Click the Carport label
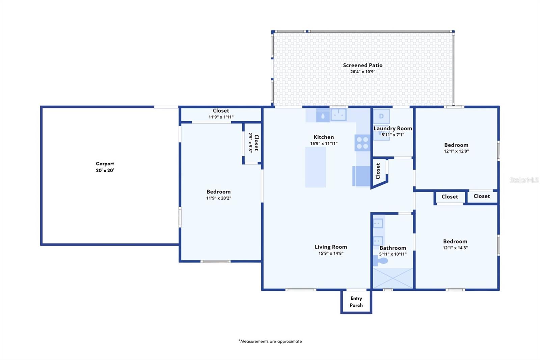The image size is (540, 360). click(105, 164)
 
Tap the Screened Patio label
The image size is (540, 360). click(362, 66)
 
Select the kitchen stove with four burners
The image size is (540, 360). click(362, 143)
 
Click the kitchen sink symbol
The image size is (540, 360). click(339, 114)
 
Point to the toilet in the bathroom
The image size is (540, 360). click(380, 261)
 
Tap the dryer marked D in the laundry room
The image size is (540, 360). click(381, 116)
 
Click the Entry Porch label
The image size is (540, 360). click(356, 302)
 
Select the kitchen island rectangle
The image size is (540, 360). click(316, 167)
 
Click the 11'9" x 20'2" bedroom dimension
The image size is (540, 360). click(218, 198)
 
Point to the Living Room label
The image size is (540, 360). click(331, 247)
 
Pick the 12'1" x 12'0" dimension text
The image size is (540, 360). click(456, 151)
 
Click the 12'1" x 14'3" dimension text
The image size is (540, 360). click(455, 248)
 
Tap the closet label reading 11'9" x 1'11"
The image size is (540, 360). click(221, 117)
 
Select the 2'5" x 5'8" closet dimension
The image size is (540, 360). click(250, 143)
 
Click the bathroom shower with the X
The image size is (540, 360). click(393, 278)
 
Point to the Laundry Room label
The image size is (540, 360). click(393, 128)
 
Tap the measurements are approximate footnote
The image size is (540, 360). click(270, 341)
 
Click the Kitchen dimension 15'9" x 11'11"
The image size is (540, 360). click(324, 144)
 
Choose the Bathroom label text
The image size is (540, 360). click(393, 248)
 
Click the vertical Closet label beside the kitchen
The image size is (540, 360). click(378, 171)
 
